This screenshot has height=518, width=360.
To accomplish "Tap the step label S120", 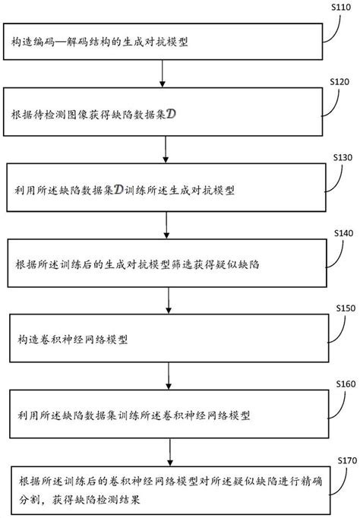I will pos(339,80).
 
